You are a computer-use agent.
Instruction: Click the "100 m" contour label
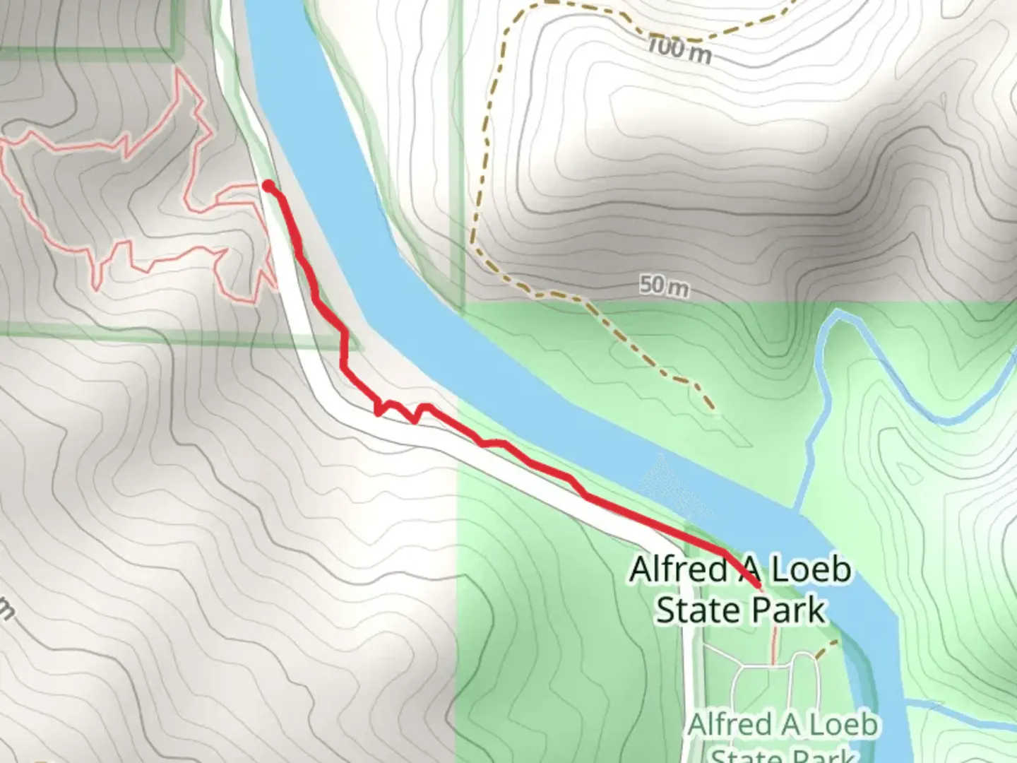click(x=679, y=50)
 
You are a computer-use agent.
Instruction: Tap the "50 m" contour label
click(x=664, y=286)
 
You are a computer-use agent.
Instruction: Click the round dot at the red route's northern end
click(x=269, y=186)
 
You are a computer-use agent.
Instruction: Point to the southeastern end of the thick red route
click(x=759, y=586)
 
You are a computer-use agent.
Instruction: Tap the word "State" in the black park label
click(x=694, y=610)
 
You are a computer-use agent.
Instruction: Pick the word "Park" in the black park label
click(x=789, y=610)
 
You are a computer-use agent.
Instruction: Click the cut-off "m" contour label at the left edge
click(x=6, y=610)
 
